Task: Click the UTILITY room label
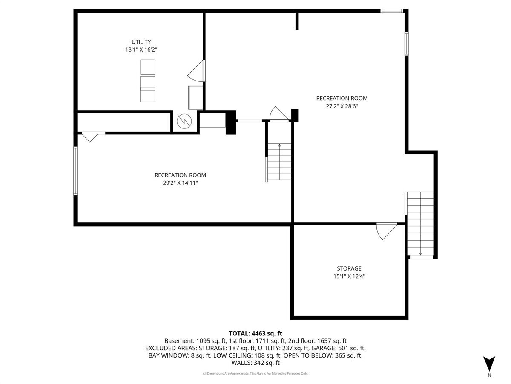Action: click(141, 42)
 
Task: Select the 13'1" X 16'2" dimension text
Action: click(141, 49)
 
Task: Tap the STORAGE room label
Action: click(349, 268)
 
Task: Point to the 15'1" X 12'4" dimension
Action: click(349, 276)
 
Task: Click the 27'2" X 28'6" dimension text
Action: click(342, 106)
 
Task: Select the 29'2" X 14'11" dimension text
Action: click(180, 183)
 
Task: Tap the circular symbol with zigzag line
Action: click(185, 122)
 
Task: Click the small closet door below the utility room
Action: click(90, 137)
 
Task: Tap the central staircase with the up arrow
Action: click(279, 162)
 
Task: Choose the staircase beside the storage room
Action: click(420, 224)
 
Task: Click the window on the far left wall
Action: click(75, 171)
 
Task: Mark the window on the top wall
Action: click(392, 11)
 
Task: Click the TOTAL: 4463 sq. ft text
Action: click(255, 333)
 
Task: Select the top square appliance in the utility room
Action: click(148, 67)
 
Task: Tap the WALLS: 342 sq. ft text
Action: click(255, 363)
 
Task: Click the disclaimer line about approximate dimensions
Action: click(255, 374)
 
